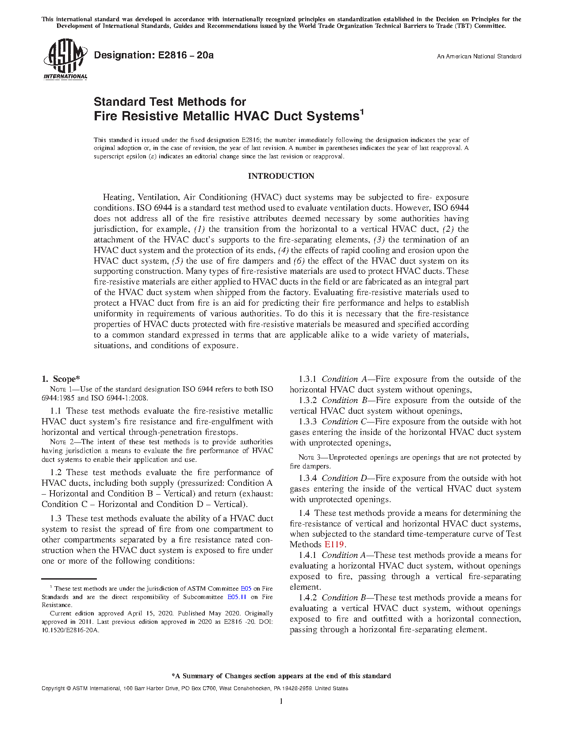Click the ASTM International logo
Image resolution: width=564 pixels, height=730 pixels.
point(65,59)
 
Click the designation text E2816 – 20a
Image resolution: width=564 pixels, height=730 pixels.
point(153,55)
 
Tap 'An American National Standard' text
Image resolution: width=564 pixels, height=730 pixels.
point(479,57)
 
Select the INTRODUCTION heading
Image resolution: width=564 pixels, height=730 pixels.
point(281,176)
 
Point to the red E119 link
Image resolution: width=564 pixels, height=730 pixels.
point(334,545)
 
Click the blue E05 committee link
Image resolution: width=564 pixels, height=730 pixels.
point(246,589)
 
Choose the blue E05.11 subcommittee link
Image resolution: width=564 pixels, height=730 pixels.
point(237,597)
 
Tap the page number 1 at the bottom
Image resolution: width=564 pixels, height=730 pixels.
point(281,701)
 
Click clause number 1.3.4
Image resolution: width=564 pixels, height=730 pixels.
point(308,478)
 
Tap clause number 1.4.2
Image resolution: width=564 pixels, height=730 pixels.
point(308,598)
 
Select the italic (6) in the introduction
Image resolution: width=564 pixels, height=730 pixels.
point(299,261)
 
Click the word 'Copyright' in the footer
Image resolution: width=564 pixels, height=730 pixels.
point(53,688)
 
